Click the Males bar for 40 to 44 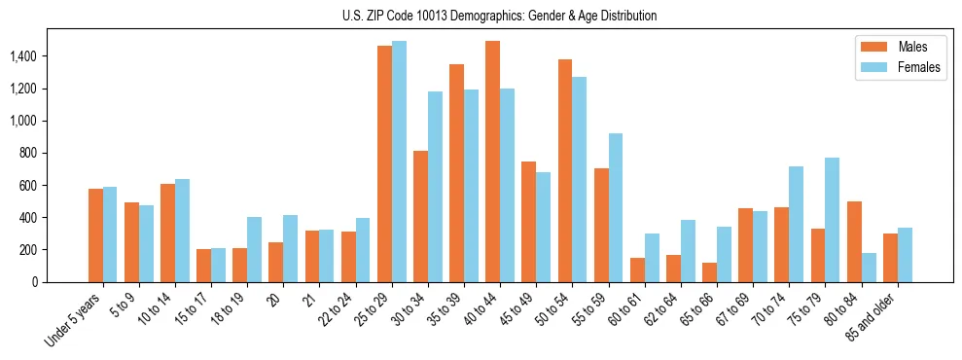point(492,162)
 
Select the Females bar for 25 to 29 point(399,162)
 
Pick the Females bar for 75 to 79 point(833,220)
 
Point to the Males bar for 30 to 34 point(420,216)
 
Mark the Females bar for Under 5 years point(110,234)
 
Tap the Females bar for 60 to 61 point(652,258)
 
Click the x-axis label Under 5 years point(74,318)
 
